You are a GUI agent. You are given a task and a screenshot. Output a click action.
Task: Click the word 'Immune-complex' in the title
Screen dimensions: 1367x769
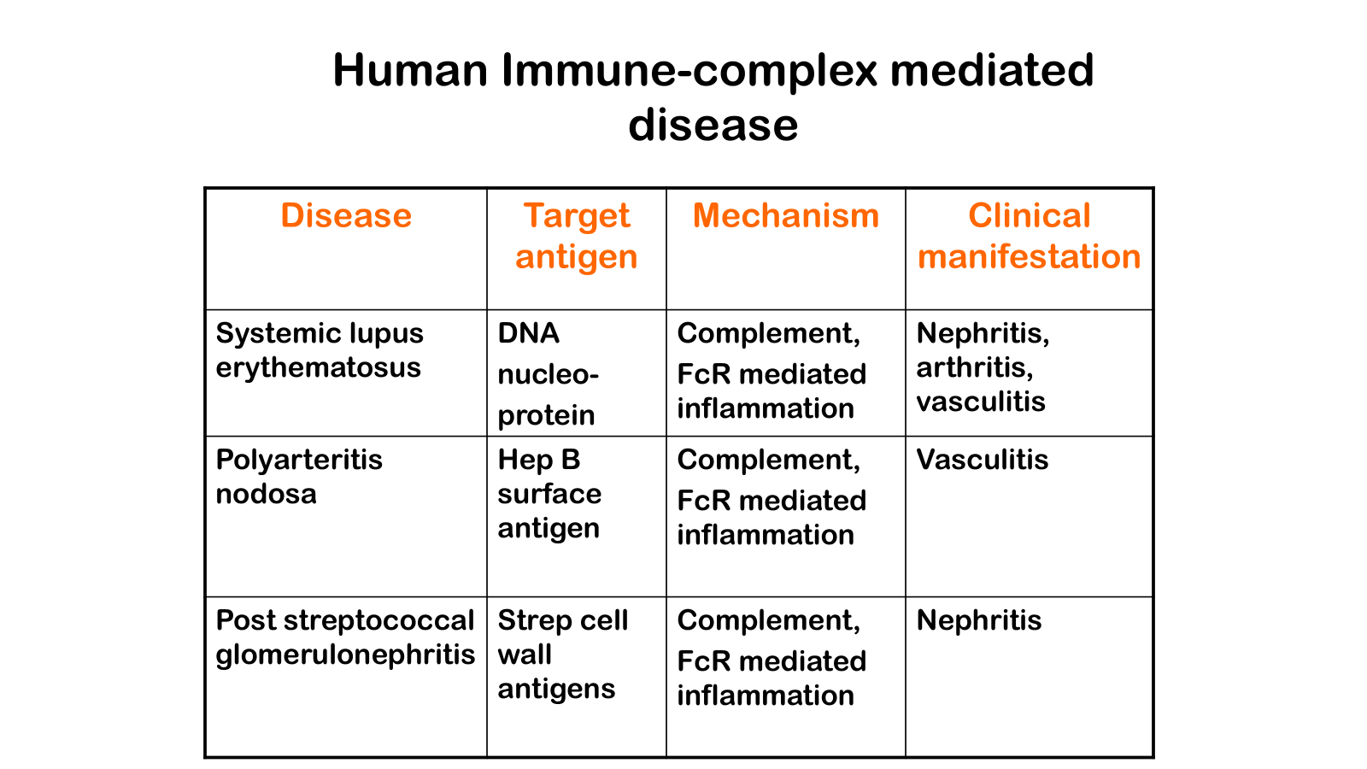(689, 70)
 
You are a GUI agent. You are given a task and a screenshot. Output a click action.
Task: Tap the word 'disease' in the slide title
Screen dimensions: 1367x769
(713, 125)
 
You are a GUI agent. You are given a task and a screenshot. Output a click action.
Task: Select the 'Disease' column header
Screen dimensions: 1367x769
(346, 215)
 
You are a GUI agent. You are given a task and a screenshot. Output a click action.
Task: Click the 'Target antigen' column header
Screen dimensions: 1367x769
(577, 236)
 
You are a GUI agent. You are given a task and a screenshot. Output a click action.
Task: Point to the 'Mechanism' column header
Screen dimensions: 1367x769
(786, 215)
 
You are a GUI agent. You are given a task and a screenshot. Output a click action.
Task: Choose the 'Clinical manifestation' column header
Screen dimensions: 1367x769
(1030, 236)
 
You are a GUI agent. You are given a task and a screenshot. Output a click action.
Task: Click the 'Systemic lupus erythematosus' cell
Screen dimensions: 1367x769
(320, 350)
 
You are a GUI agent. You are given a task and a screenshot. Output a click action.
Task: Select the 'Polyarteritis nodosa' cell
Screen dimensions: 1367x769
(299, 477)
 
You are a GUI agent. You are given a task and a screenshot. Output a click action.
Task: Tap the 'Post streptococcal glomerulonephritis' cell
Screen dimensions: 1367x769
(345, 637)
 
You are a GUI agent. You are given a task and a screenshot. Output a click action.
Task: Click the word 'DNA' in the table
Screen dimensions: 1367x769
(529, 333)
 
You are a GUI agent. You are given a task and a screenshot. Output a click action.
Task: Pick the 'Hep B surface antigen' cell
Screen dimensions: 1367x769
(549, 494)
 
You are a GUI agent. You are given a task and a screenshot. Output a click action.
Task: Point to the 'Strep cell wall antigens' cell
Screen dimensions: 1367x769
(562, 655)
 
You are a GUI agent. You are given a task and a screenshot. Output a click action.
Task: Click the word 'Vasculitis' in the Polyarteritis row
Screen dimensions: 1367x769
(983, 460)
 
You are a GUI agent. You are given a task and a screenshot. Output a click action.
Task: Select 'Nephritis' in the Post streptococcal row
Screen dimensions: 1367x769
(979, 620)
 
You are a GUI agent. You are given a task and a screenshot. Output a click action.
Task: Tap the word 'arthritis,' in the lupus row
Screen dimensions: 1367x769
(975, 367)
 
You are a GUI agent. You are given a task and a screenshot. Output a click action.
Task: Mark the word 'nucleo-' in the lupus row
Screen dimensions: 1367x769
(549, 374)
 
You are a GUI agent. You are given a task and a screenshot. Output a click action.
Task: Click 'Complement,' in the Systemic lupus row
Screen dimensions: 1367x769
(769, 333)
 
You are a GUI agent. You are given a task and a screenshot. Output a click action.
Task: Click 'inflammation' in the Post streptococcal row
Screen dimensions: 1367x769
(766, 696)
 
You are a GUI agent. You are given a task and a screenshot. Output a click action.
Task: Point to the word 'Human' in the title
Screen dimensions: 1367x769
(411, 70)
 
